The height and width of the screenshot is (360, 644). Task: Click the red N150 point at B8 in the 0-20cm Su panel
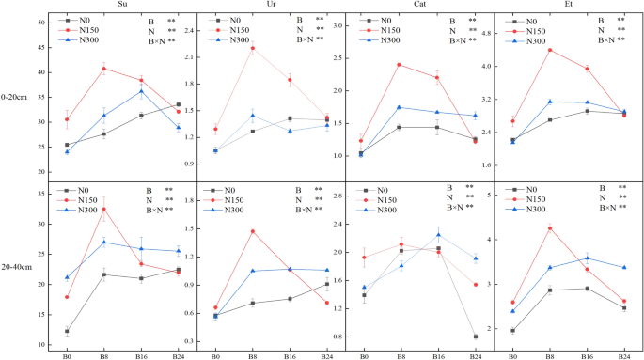tap(104, 68)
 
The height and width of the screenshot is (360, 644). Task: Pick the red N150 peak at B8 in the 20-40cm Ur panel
tap(253, 231)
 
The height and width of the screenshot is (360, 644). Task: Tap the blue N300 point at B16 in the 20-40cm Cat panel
tap(438, 234)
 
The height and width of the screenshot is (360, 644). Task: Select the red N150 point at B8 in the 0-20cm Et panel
tap(549, 50)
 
